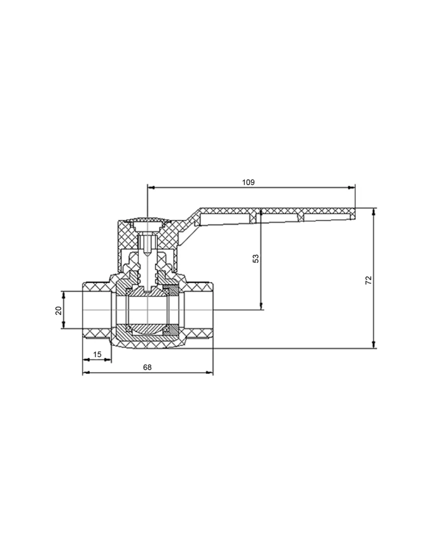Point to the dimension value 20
click(58, 310)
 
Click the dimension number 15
click(97, 354)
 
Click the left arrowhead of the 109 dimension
click(151, 188)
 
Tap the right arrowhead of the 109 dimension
click(351, 188)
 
